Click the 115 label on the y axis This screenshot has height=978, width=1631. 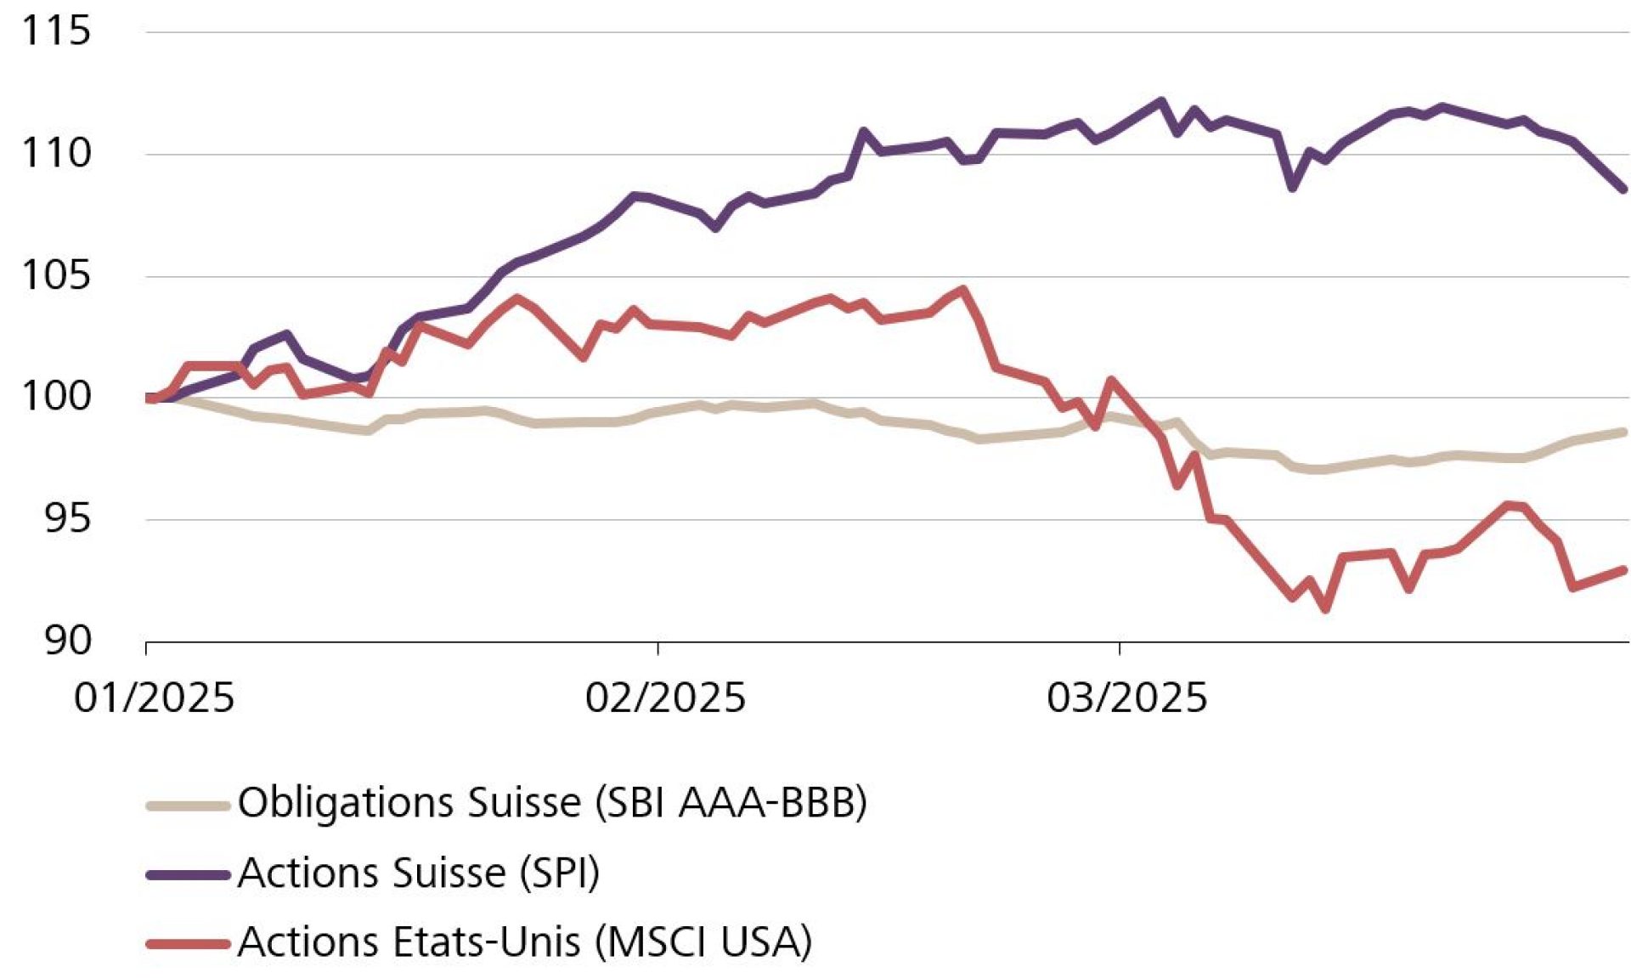click(x=55, y=31)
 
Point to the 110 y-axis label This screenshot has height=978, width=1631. click(x=55, y=154)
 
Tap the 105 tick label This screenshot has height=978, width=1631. click(x=55, y=275)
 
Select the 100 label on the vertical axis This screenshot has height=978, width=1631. click(x=55, y=397)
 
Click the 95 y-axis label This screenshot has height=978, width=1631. click(x=66, y=518)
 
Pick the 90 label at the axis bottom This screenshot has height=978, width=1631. click(x=66, y=640)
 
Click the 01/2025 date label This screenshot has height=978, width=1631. click(x=154, y=698)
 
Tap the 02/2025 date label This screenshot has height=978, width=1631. click(x=664, y=698)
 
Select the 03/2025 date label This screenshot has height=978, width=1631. click(x=1126, y=698)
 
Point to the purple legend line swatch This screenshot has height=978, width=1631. click(x=188, y=874)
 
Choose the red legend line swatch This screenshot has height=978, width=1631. click(x=188, y=943)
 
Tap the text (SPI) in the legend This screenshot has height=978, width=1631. click(x=560, y=873)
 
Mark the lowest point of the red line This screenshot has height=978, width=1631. click(x=1326, y=609)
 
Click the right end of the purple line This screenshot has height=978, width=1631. click(x=1624, y=189)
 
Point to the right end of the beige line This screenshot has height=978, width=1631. click(x=1624, y=432)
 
